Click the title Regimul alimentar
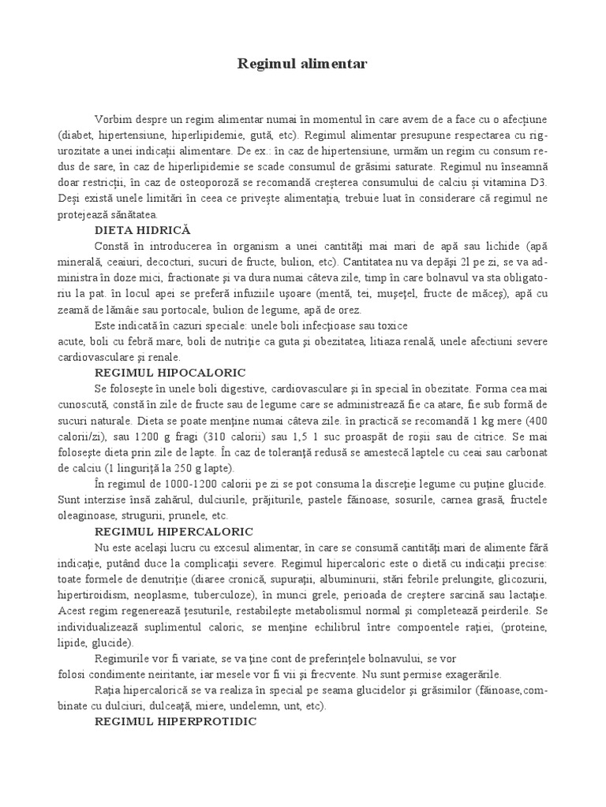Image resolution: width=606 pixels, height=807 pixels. [x=303, y=64]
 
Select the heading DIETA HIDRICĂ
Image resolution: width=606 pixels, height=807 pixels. [x=143, y=229]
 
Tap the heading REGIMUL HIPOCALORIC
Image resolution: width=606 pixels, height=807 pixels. [x=170, y=371]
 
